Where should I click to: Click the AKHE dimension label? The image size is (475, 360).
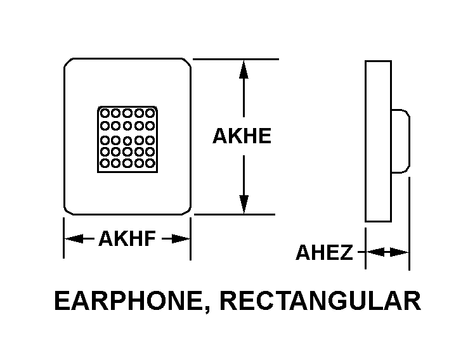coord(242,136)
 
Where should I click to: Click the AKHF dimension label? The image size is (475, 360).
coord(127,238)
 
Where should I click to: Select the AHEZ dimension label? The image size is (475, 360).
coord(325,252)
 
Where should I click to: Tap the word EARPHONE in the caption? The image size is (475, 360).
coord(129,300)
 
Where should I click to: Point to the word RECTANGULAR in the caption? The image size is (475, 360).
coord(320,300)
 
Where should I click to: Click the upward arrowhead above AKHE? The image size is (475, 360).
coord(244,70)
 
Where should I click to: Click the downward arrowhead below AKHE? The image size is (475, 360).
coord(244,204)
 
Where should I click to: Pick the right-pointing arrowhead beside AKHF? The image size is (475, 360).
coord(181,238)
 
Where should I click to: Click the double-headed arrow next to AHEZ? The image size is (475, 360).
coord(387,252)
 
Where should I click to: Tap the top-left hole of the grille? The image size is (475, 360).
coord(105,113)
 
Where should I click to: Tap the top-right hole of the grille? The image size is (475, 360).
coord(150,113)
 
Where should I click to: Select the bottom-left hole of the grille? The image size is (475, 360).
coord(105,164)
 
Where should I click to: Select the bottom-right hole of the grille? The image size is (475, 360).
coord(150,164)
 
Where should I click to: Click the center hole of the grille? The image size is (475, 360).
coord(127,141)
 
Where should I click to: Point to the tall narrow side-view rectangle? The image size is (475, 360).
coord(365,141)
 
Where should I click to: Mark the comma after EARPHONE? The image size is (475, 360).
coord(207,309)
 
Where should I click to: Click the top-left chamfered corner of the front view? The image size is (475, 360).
coord(68,62)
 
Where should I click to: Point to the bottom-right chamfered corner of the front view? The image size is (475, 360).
coord(187,211)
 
